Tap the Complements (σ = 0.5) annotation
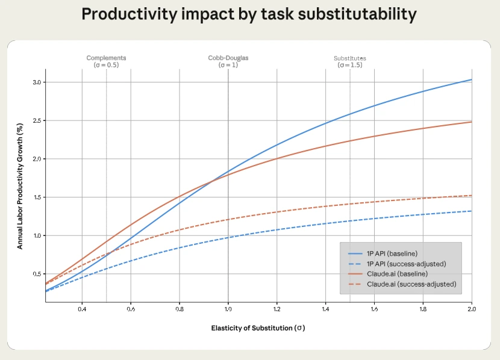click(x=106, y=61)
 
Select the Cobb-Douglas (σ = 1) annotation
click(x=228, y=61)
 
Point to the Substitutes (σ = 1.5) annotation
click(x=350, y=61)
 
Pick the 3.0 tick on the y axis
click(x=37, y=82)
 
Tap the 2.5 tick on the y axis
click(x=37, y=120)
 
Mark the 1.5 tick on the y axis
click(x=37, y=197)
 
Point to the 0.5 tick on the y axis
click(x=37, y=274)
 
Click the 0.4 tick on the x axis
click(x=82, y=309)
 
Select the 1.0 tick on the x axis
click(x=228, y=309)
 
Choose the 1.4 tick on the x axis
click(x=325, y=309)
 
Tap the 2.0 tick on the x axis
click(x=471, y=309)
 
